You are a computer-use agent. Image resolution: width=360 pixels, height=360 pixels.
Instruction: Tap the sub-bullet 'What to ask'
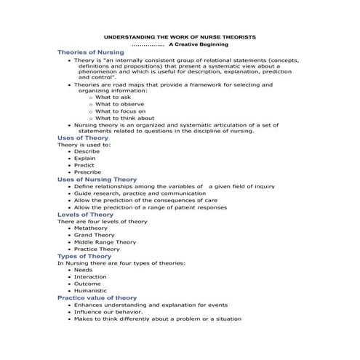113,97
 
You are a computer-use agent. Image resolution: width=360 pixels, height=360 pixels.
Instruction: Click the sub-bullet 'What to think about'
124,118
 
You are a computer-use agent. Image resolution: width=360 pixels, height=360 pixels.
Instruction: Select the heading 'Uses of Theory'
82,137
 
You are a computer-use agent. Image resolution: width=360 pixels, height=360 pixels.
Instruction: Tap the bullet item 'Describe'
87,151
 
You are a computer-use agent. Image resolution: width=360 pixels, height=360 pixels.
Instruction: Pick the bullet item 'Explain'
84,158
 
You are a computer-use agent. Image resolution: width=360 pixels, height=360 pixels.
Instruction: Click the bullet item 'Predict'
84,165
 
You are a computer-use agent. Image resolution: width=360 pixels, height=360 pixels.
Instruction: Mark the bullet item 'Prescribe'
87,172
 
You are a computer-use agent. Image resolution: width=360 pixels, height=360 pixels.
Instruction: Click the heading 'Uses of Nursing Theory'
97,179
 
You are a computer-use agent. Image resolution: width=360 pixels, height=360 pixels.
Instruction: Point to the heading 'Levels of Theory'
86,215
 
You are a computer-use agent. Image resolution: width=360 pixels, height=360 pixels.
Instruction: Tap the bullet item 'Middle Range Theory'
105,242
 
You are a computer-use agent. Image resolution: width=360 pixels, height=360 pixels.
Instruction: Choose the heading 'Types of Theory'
84,256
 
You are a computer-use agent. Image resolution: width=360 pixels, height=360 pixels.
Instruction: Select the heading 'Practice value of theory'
97,297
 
